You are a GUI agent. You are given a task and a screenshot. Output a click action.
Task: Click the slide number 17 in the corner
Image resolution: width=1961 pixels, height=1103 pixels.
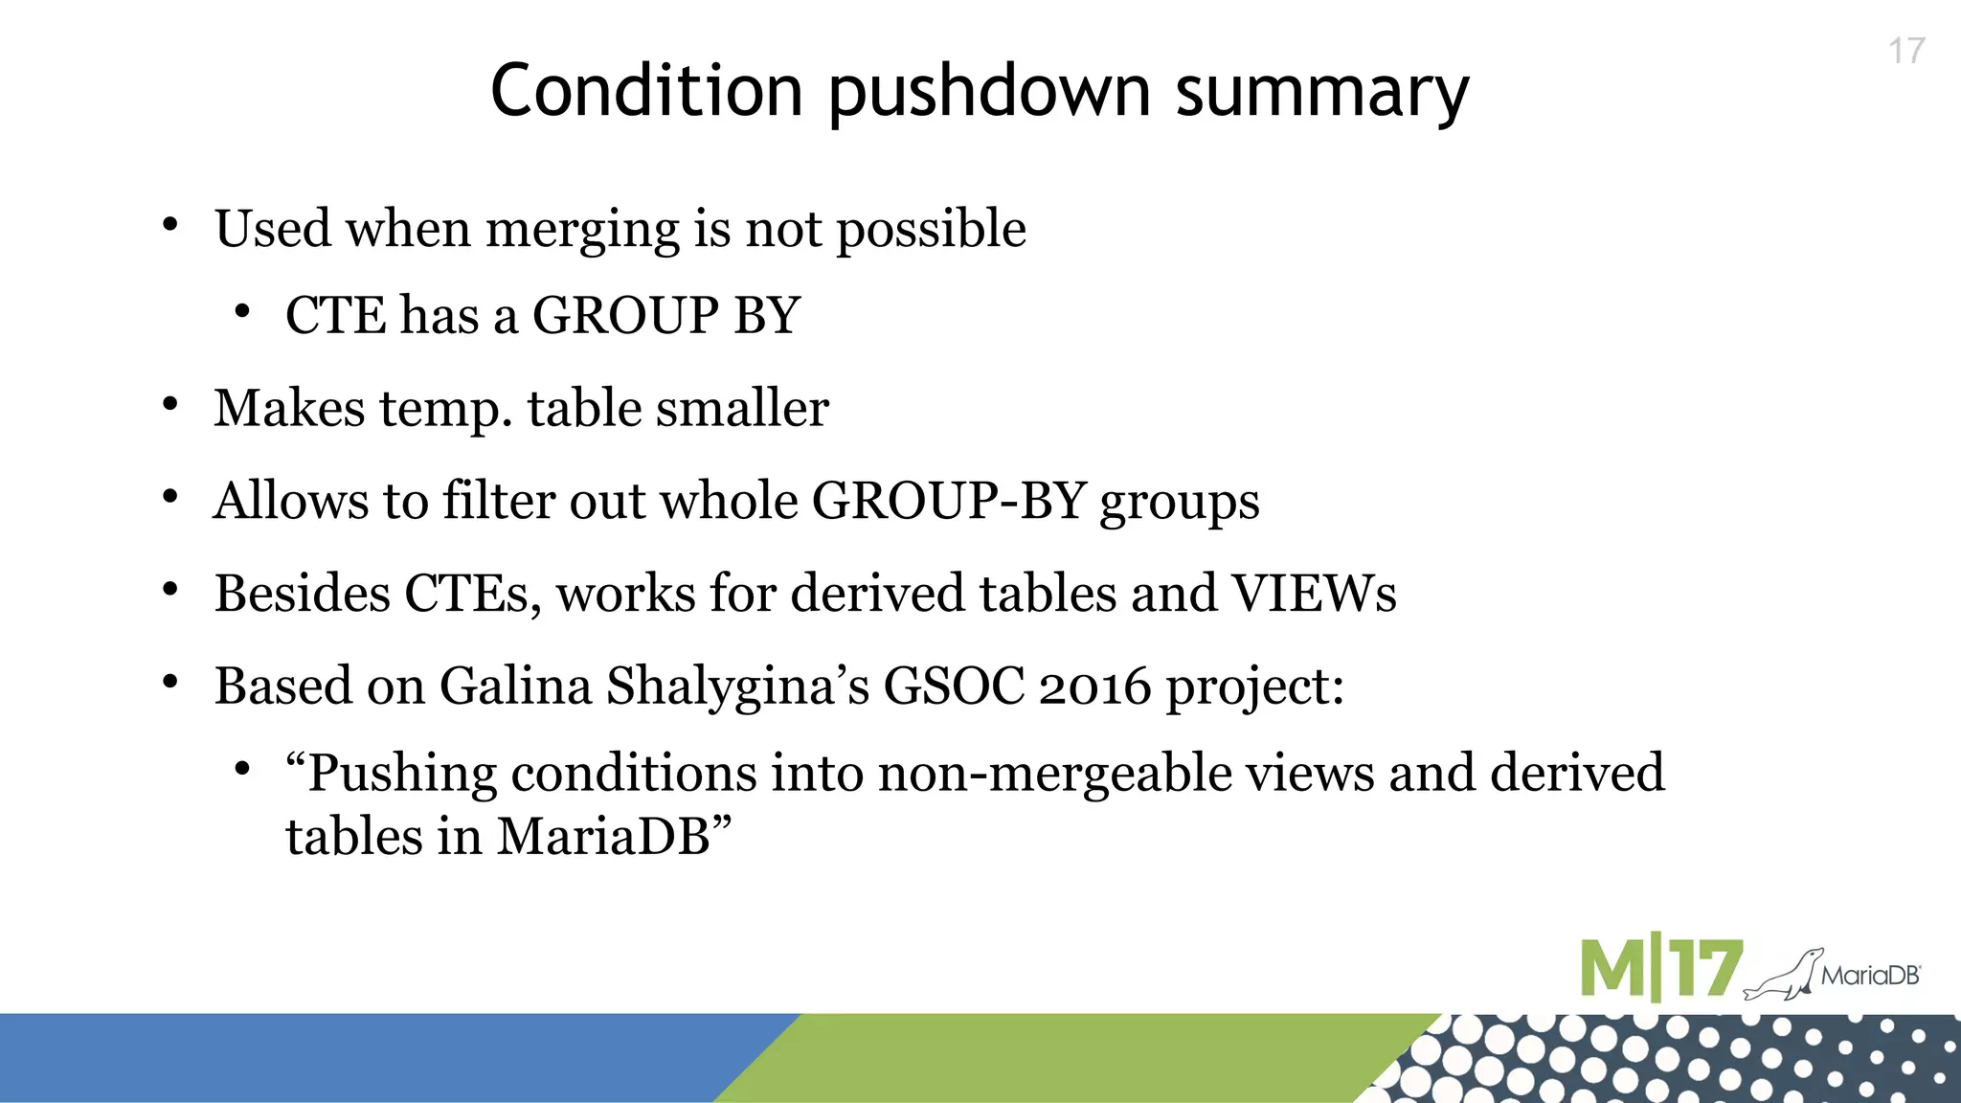click(x=1906, y=52)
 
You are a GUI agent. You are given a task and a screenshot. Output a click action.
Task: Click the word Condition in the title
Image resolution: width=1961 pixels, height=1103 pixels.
click(x=646, y=91)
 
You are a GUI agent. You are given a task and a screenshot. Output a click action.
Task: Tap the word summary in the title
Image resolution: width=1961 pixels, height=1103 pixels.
click(x=1321, y=93)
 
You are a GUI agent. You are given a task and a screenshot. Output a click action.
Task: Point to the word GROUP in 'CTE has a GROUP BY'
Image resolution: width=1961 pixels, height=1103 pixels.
click(x=625, y=315)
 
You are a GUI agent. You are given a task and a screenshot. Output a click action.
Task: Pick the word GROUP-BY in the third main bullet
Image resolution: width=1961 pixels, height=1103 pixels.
click(x=948, y=501)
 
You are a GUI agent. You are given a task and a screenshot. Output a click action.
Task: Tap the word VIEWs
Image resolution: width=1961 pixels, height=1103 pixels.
click(x=1314, y=594)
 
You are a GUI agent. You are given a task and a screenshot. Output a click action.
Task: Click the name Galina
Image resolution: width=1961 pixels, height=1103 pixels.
click(x=515, y=687)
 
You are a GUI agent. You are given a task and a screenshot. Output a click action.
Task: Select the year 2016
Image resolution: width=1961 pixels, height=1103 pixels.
click(x=1094, y=687)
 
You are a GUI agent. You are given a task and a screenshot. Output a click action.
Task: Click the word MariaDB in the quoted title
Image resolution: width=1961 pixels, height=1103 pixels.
click(x=603, y=837)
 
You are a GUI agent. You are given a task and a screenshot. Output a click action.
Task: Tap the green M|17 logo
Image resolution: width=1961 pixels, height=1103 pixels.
click(x=1660, y=969)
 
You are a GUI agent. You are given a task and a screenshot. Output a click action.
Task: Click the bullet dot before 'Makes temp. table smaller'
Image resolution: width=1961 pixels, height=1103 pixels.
click(x=170, y=405)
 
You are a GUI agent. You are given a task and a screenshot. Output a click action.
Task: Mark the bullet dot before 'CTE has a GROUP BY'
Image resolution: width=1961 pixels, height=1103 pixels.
click(x=242, y=312)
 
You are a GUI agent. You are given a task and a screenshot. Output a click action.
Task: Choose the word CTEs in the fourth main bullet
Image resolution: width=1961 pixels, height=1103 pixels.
click(x=466, y=594)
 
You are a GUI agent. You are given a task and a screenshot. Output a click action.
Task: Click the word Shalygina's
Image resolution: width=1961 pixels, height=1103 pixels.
click(x=737, y=687)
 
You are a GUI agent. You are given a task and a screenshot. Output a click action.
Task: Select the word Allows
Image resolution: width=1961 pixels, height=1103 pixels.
click(x=291, y=501)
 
